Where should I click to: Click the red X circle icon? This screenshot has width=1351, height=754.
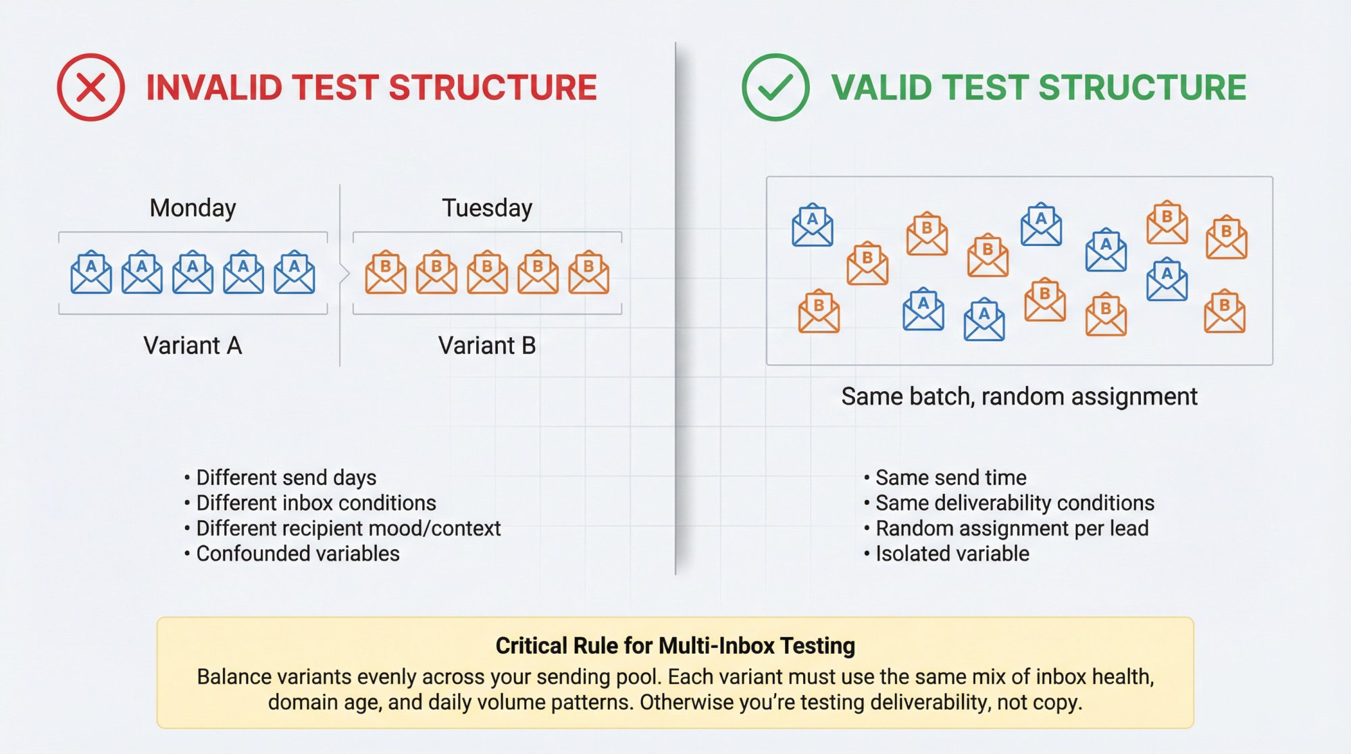(x=91, y=87)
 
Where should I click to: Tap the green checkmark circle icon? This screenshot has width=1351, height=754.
(x=775, y=87)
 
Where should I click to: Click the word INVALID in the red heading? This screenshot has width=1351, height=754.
(x=213, y=88)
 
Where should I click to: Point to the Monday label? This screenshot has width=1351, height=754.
(x=193, y=208)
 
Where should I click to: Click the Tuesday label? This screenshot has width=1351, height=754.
(x=487, y=208)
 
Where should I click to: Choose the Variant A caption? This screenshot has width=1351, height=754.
(x=193, y=346)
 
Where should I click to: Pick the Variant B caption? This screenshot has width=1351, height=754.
(x=487, y=346)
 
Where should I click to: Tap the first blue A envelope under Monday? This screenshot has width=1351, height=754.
(x=91, y=272)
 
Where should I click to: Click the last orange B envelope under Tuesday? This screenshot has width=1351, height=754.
(x=588, y=272)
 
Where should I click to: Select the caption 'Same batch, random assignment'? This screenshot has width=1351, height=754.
(x=1019, y=397)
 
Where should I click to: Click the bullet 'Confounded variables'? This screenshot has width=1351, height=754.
(x=297, y=554)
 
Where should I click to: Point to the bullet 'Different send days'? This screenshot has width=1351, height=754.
(x=286, y=478)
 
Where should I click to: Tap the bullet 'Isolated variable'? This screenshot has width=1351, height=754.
(x=952, y=554)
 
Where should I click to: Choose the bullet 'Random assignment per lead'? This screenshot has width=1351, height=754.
(x=1011, y=528)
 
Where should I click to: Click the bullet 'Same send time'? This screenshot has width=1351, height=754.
(x=950, y=478)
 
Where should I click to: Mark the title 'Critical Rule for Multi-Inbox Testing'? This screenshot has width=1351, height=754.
(x=675, y=646)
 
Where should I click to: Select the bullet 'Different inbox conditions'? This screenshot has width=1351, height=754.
(x=315, y=503)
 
